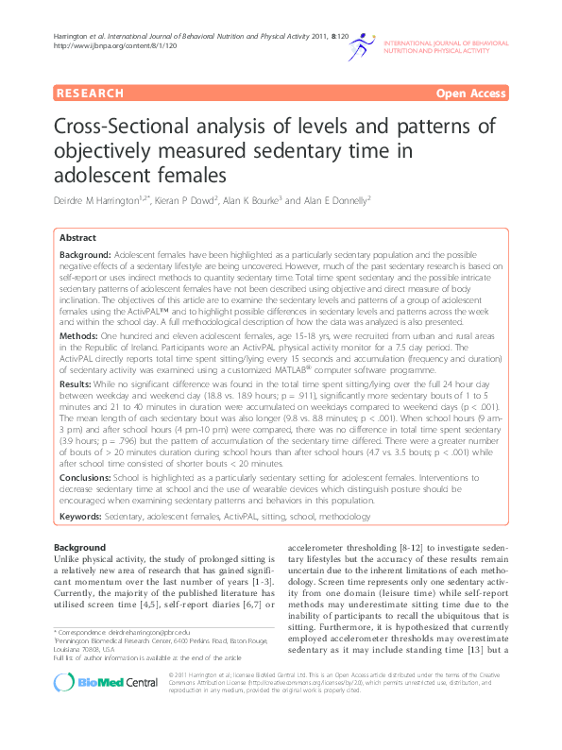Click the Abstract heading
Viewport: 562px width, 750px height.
77,238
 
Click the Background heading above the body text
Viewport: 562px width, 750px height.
79,548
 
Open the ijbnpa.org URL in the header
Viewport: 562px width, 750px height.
101,45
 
